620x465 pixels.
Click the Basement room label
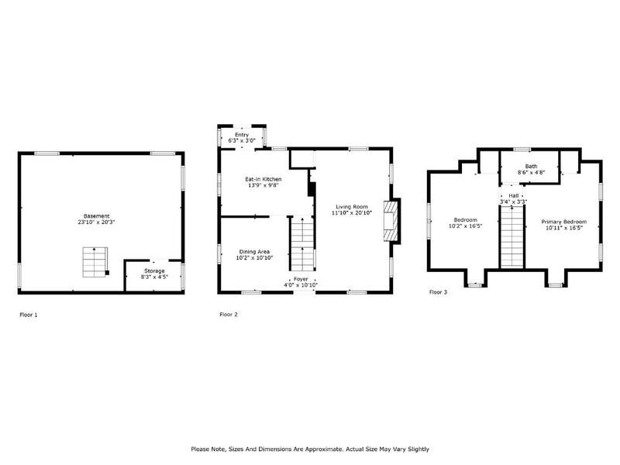tap(96, 216)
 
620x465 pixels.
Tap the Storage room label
tap(154, 270)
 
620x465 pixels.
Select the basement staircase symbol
tap(95, 262)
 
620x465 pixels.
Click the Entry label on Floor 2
tap(242, 135)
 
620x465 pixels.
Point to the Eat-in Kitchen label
tap(263, 179)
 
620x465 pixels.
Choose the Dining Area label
tap(254, 252)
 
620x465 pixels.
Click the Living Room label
tap(352, 207)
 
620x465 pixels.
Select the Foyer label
tap(301, 279)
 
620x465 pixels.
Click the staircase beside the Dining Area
tap(302, 244)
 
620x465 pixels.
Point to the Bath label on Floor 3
tap(532, 167)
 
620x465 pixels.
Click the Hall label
tap(514, 196)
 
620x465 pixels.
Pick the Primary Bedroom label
tap(564, 222)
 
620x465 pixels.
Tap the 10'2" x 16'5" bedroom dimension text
tap(466, 226)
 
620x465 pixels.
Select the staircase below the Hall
tap(512, 236)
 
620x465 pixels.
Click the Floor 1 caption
tap(29, 315)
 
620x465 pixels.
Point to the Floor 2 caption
tap(229, 315)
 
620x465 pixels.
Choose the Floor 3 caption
tap(438, 292)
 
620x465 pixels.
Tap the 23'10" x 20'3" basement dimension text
tap(96, 222)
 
